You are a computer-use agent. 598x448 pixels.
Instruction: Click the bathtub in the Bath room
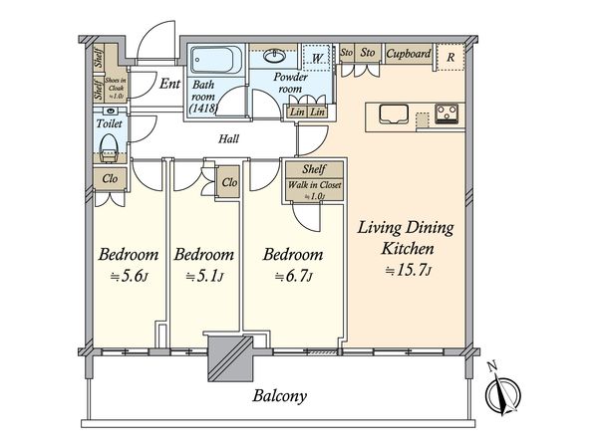[x=216, y=60]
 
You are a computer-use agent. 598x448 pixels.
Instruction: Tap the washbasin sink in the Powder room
[x=274, y=57]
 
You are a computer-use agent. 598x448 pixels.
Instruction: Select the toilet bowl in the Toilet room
[x=110, y=148]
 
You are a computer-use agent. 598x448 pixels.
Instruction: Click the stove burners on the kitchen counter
[x=447, y=113]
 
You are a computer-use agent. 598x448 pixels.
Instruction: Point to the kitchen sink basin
[x=394, y=113]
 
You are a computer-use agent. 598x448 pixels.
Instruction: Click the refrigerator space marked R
[x=450, y=57]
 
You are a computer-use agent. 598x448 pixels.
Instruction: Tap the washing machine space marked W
[x=317, y=58]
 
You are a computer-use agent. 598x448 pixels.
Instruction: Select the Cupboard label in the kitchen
[x=408, y=54]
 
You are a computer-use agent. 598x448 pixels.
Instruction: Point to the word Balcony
[x=279, y=396]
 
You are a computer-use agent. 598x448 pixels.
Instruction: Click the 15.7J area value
[x=408, y=271]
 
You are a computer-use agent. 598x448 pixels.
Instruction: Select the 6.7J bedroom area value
[x=294, y=276]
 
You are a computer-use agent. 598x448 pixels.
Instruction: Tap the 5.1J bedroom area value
[x=204, y=276]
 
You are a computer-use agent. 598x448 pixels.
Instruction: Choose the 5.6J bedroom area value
[x=129, y=276]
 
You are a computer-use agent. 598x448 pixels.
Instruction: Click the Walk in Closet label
[x=314, y=185]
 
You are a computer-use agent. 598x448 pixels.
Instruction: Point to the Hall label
[x=229, y=138]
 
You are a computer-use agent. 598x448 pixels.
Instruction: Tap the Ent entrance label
[x=169, y=84]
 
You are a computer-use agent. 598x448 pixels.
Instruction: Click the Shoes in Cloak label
[x=116, y=88]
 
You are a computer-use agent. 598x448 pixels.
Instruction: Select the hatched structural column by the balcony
[x=230, y=358]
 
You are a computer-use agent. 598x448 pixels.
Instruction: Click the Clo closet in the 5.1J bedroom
[x=229, y=182]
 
